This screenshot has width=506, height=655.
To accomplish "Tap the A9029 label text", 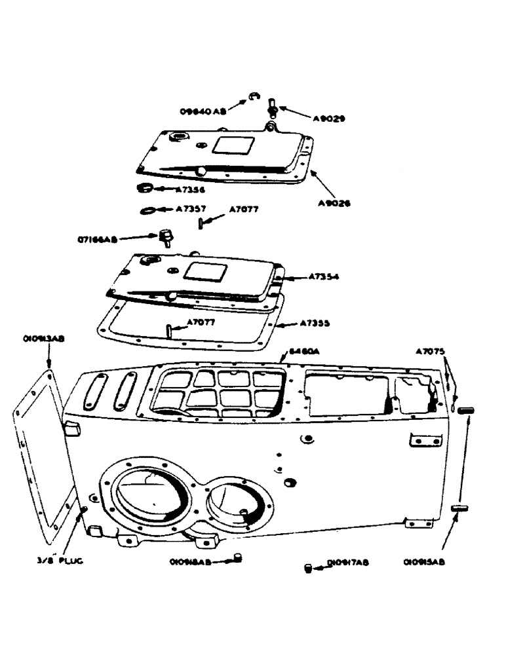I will coord(329,119).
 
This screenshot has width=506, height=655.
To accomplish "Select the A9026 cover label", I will coord(333,203).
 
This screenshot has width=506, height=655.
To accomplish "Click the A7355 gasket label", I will coord(315,323).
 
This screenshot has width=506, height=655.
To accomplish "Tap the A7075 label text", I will coord(429,352).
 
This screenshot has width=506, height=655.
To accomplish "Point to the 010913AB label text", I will coord(43,339).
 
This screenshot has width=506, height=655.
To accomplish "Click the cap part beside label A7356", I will coord(145,189).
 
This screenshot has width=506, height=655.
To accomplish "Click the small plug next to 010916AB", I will coord(238,557).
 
